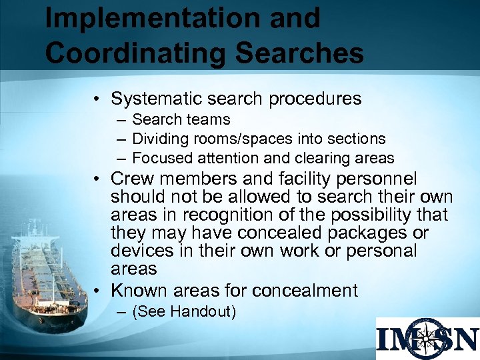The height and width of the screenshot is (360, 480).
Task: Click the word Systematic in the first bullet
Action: point(158,99)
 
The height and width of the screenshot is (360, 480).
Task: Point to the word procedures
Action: point(315,99)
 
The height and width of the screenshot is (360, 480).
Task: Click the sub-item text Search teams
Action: point(181,120)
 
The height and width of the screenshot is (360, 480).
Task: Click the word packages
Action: point(377,233)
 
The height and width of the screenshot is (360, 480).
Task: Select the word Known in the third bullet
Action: point(139,291)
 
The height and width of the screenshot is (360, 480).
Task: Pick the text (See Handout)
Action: point(184,311)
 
